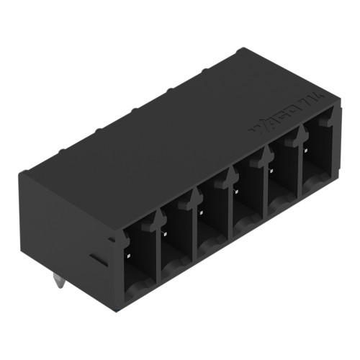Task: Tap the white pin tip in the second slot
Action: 165,234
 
